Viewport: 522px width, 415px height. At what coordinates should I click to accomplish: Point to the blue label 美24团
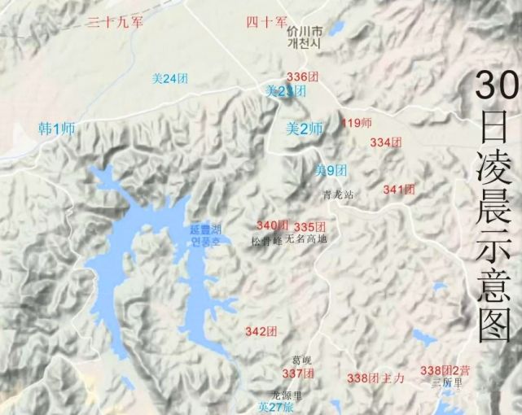(x=169, y=79)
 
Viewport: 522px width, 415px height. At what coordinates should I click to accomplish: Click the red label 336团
(x=302, y=76)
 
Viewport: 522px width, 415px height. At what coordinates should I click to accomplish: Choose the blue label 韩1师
(x=57, y=128)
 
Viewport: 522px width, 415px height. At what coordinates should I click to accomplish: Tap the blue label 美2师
(x=305, y=128)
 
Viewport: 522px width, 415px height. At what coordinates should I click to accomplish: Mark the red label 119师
(x=357, y=124)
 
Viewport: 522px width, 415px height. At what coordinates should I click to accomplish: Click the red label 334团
(x=386, y=142)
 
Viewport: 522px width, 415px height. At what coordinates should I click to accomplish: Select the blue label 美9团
(x=331, y=170)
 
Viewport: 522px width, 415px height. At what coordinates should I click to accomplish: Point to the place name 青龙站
(x=339, y=195)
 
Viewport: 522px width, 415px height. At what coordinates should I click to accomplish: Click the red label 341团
(x=399, y=190)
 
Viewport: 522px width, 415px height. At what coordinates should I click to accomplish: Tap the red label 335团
(x=310, y=226)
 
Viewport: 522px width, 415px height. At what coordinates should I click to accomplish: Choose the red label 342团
(x=261, y=331)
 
